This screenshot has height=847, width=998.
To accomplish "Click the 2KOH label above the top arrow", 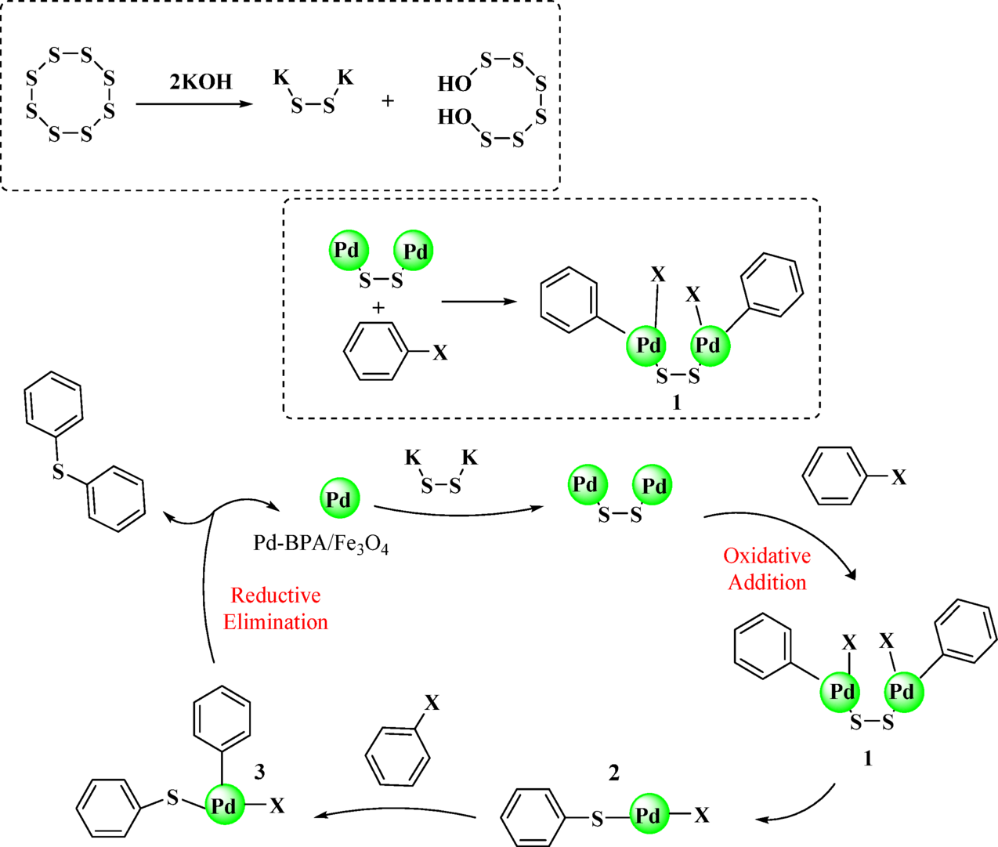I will [x=201, y=81].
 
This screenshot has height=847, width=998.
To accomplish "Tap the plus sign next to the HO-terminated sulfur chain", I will [x=387, y=101].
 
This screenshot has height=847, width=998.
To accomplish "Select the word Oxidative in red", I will [x=766, y=556].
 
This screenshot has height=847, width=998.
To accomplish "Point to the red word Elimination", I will [x=275, y=622].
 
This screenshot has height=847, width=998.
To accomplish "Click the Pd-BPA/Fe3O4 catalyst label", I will [x=320, y=543].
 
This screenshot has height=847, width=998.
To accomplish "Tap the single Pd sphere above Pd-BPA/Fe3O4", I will [x=339, y=499].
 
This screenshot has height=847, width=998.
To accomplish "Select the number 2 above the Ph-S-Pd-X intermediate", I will [x=613, y=773].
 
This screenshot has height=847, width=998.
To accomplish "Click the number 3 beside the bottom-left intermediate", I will [x=259, y=772].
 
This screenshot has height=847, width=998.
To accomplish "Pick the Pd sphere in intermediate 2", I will [x=649, y=816].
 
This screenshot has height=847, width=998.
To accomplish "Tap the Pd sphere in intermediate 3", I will [x=224, y=806].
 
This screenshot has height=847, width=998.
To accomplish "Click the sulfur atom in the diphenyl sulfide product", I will [x=58, y=472].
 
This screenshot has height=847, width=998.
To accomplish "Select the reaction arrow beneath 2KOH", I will [x=194, y=103].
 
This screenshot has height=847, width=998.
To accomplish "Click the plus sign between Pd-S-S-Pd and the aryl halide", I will [x=378, y=308].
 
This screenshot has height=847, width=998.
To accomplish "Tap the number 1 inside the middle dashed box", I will [x=676, y=402].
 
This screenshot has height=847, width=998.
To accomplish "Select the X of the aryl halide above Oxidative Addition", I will [x=899, y=477].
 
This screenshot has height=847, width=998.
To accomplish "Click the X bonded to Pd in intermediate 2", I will [x=702, y=816].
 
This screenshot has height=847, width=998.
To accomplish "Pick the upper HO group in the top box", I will [x=454, y=83].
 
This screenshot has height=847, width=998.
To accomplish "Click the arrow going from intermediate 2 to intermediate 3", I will [x=396, y=815].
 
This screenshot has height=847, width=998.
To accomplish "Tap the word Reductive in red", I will [x=275, y=595].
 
